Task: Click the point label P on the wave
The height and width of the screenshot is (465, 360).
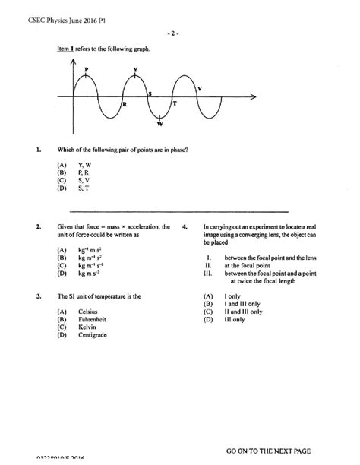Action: pos(89,68)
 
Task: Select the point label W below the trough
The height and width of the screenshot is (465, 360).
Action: pos(159,124)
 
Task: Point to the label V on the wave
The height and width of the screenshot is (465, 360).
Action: pos(199,89)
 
